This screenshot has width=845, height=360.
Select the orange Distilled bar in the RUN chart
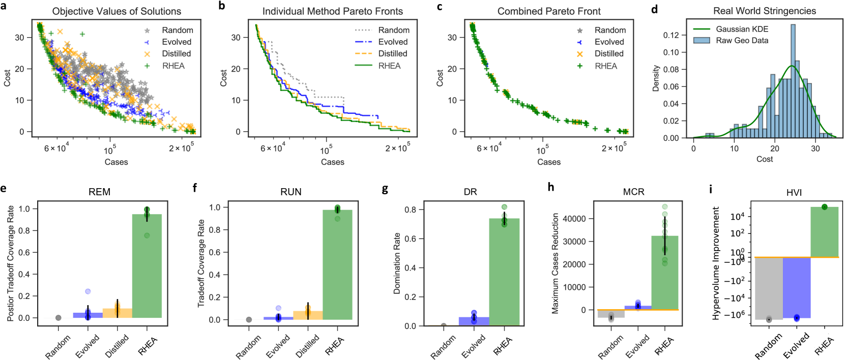click(308, 315)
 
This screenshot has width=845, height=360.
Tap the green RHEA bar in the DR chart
click(504, 272)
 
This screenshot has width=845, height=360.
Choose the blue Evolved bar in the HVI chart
click(796, 287)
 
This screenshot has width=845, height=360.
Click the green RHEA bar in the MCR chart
click(664, 273)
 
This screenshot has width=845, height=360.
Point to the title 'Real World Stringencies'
click(764, 11)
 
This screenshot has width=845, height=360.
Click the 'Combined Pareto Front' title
click(548, 11)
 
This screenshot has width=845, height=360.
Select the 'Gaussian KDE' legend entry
click(742, 29)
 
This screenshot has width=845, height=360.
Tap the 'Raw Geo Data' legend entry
click(742, 41)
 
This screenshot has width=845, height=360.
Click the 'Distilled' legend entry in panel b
click(392, 53)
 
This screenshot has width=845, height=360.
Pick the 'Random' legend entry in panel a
click(177, 30)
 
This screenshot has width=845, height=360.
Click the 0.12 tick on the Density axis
click(672, 35)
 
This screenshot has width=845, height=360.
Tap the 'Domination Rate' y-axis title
click(397, 263)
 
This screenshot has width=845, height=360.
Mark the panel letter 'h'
click(550, 188)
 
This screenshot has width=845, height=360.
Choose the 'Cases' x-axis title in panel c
click(548, 162)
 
